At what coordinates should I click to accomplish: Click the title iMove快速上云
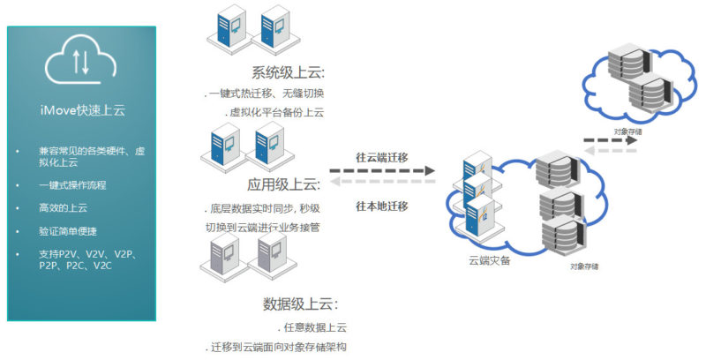tap(80, 109)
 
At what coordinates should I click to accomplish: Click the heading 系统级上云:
tap(286, 73)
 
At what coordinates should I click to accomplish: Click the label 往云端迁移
tap(382, 156)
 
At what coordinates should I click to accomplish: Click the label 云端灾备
tap(489, 261)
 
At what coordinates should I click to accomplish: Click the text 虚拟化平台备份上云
tap(278, 113)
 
